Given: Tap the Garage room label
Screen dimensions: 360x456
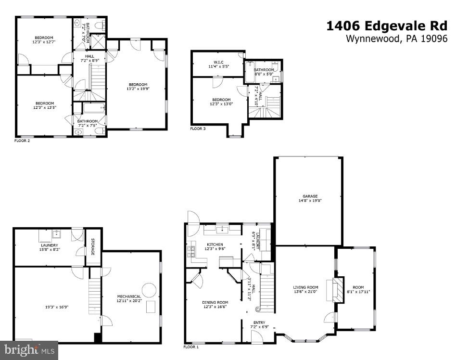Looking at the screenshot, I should pos(310,196).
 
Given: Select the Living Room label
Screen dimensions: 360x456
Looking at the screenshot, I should pos(306,288).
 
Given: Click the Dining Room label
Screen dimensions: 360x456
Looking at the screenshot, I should pos(215,302).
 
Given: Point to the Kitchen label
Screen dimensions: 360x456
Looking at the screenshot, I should pos(215,244).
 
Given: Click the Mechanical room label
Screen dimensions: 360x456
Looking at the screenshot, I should pos(129,296).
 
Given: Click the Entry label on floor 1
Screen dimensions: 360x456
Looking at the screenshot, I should pos(259,322).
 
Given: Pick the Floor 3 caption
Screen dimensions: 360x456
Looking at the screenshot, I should pos(198,129).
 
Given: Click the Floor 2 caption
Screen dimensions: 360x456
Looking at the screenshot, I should pos(23,141).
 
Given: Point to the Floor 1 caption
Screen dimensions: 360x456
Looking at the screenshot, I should pos(191,347).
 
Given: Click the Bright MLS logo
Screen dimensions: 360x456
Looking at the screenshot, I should pos(29,350).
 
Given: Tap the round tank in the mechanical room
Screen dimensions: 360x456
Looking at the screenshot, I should pos(150,290).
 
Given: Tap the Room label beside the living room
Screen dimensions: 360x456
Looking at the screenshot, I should pos(358,287).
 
